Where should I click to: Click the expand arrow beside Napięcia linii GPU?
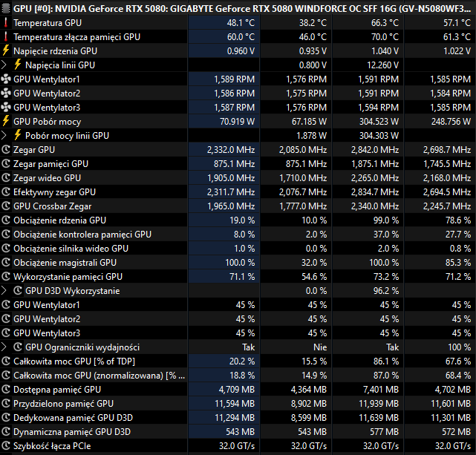click(x=5, y=65)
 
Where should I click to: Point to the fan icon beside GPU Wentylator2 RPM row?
click(x=6, y=94)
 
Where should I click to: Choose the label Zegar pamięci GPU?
click(x=50, y=164)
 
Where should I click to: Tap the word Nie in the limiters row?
click(x=319, y=347)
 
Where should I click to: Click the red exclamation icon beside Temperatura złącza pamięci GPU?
click(x=6, y=37)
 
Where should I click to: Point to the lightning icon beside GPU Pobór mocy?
click(x=6, y=122)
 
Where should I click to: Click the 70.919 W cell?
click(x=235, y=121)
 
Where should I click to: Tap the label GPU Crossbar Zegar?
click(x=52, y=206)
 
